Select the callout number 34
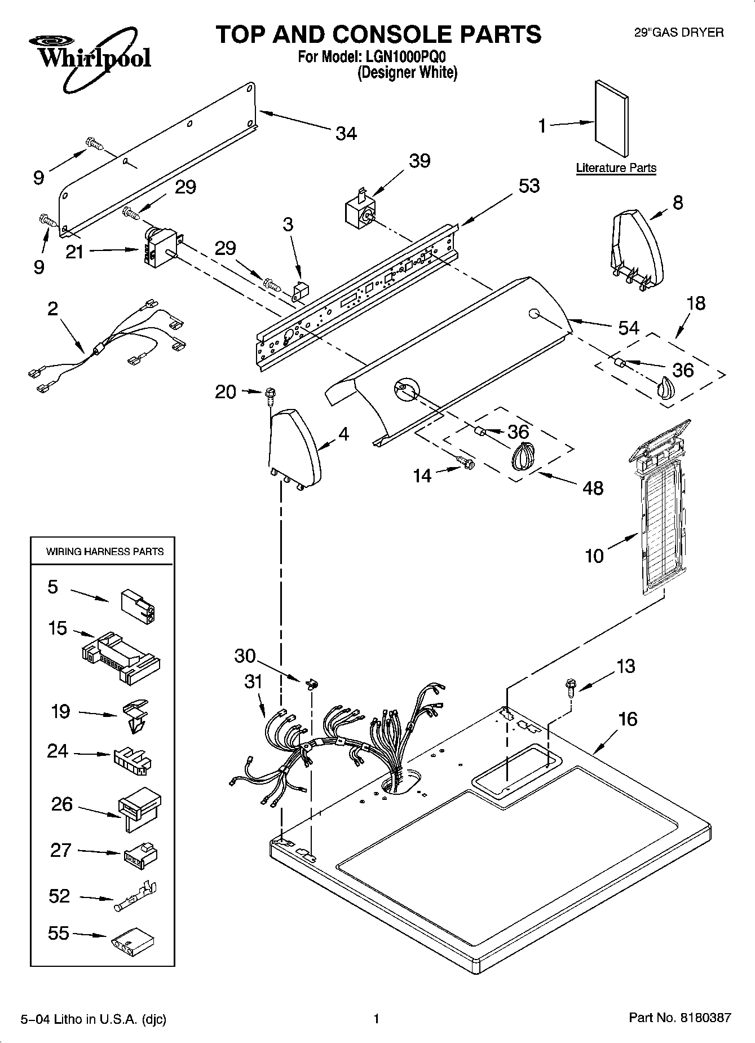click(x=346, y=134)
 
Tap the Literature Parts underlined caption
click(x=616, y=168)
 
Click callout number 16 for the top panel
click(x=628, y=719)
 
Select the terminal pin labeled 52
click(x=136, y=897)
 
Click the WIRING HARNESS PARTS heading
click(x=105, y=552)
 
